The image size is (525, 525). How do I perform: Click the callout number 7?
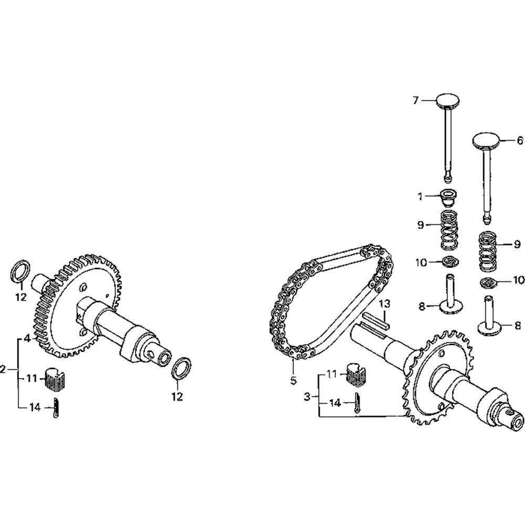(x=415, y=100)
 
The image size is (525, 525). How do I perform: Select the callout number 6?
(x=520, y=141)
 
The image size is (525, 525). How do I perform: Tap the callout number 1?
(x=420, y=196)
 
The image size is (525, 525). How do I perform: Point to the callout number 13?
(x=385, y=304)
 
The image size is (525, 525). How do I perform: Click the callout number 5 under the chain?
(x=293, y=381)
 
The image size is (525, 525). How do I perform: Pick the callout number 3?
(x=307, y=397)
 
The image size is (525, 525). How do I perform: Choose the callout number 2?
(x=3, y=369)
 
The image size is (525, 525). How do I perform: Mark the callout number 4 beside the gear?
(x=27, y=339)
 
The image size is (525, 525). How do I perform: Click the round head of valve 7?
(x=447, y=101)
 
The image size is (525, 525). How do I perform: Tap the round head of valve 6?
(x=486, y=140)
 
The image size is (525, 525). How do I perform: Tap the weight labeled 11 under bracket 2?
(x=55, y=379)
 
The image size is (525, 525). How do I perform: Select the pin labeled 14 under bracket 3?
(x=357, y=403)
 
